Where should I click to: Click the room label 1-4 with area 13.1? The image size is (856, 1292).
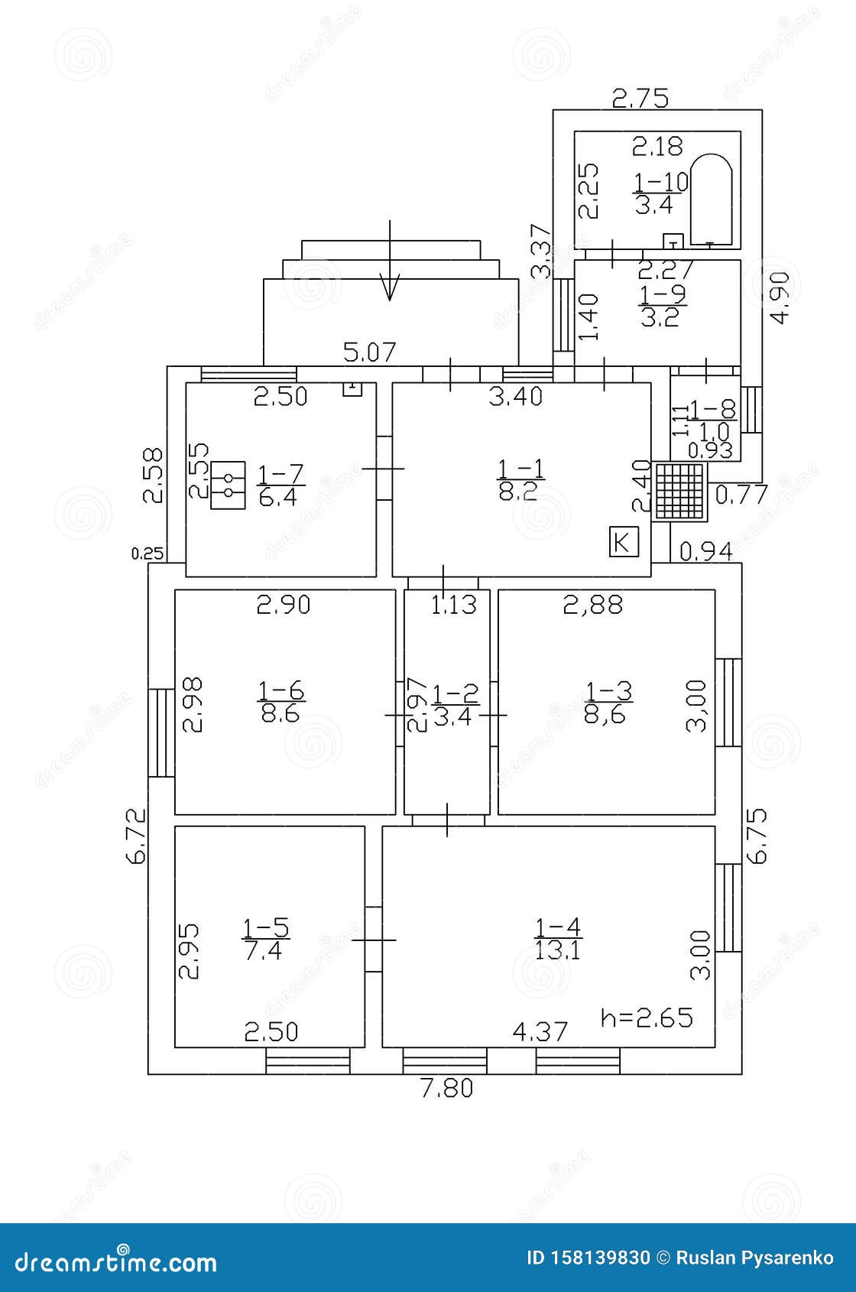[x=558, y=939]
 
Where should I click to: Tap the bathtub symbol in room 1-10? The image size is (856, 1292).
[x=711, y=200]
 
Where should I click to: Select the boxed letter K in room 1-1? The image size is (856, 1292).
[x=623, y=542]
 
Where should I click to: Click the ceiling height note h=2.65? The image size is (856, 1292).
[x=647, y=1018]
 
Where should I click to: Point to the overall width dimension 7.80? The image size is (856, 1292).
[x=447, y=1088]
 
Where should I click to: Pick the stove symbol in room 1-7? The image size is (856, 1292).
[x=228, y=485]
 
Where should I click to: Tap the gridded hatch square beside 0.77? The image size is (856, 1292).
[x=679, y=491]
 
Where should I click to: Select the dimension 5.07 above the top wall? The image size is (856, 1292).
[x=370, y=352]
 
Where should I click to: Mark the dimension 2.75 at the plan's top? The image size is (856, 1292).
[x=640, y=98]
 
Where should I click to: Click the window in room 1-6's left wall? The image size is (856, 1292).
[x=161, y=732]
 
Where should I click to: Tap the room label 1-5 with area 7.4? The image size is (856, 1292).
[x=265, y=939]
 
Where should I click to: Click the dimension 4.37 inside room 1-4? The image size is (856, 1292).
[x=540, y=1032]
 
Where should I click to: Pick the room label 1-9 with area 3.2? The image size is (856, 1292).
[x=662, y=305]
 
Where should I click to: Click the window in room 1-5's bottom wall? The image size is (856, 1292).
[x=308, y=1061]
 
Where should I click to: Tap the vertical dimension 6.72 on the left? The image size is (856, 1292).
[x=136, y=836]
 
